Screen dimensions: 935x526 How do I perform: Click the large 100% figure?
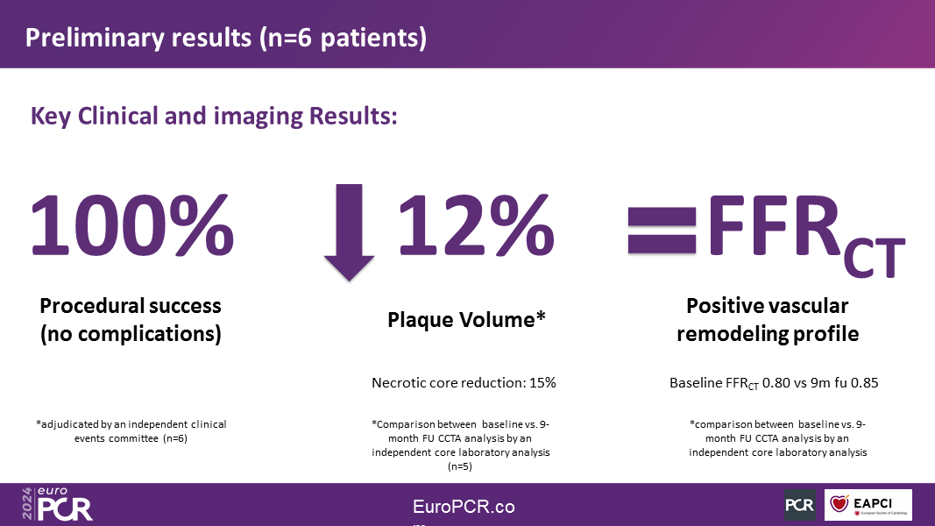[131, 226]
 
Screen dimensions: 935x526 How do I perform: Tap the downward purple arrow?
[350, 232]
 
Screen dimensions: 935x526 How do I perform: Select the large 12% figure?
[475, 226]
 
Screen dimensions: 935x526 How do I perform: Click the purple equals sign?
[662, 231]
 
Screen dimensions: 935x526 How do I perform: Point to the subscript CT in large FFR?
[875, 259]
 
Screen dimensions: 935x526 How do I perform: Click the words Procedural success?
[131, 306]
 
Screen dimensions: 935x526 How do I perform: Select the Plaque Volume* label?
[466, 320]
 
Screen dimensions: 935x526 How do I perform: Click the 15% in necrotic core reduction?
[542, 383]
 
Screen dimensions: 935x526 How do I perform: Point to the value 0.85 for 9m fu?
[865, 383]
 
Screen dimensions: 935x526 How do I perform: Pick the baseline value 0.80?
[776, 383]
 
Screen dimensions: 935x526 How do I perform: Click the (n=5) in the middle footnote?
[460, 466]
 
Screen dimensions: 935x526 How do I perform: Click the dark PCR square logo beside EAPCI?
[800, 505]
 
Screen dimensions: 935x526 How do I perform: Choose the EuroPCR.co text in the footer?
[464, 507]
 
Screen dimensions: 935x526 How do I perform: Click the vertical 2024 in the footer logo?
[27, 504]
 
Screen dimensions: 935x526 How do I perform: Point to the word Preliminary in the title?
[95, 38]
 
